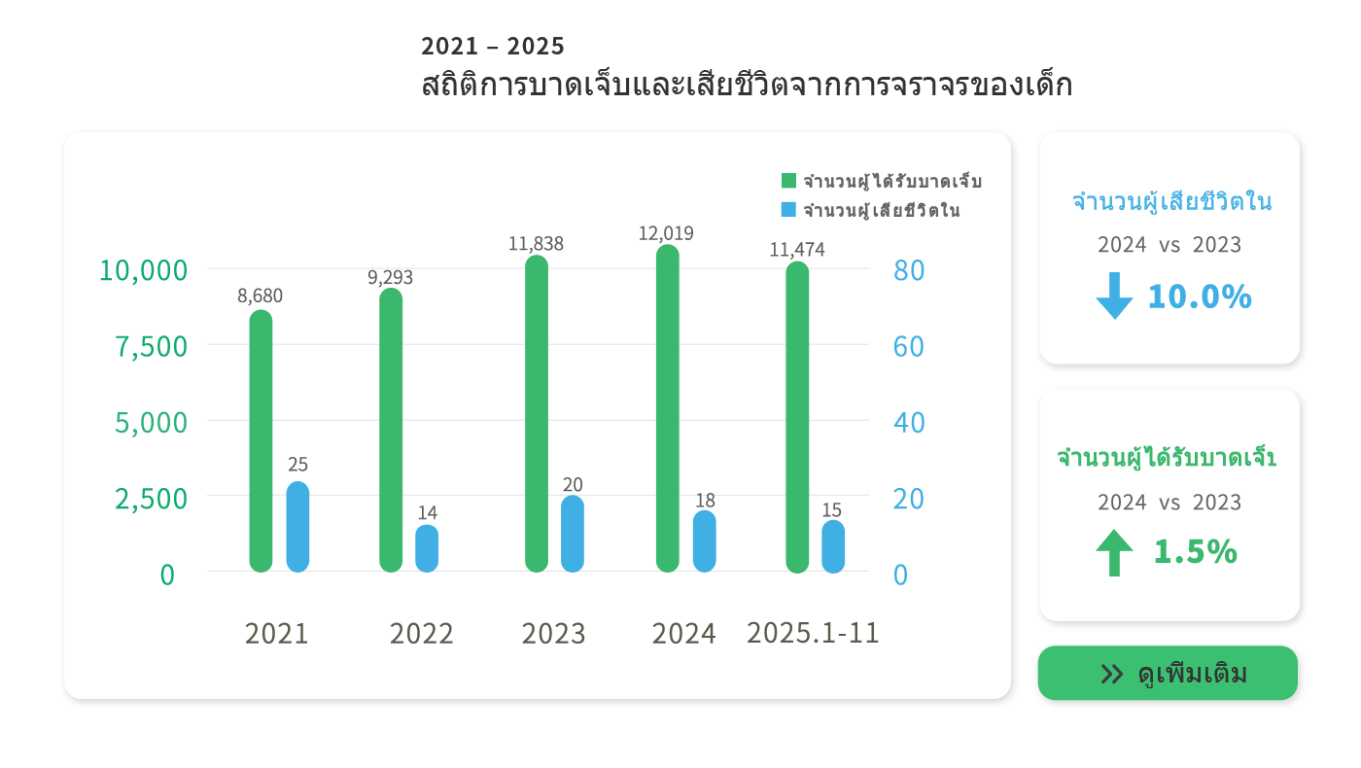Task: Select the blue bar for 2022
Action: (x=427, y=548)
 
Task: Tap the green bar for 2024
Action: (x=667, y=408)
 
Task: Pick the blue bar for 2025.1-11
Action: (x=833, y=546)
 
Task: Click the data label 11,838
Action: (x=536, y=243)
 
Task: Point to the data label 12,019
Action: (x=666, y=233)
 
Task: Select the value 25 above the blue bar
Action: (x=297, y=465)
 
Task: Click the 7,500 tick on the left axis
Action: (x=152, y=346)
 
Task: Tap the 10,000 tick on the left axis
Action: (x=143, y=270)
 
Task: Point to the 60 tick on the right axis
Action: (x=908, y=346)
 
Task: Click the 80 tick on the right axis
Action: (x=908, y=270)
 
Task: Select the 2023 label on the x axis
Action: (x=553, y=634)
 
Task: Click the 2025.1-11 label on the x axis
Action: (x=813, y=633)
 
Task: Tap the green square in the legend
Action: (x=788, y=181)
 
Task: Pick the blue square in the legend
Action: (x=788, y=209)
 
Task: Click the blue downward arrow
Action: (x=1114, y=296)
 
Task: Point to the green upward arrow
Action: (x=1114, y=552)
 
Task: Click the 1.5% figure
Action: (x=1195, y=552)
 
